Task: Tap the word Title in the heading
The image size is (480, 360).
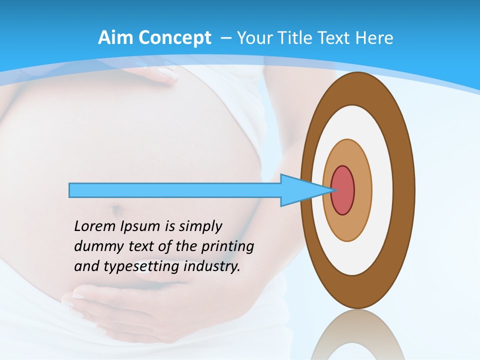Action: click(298, 38)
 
